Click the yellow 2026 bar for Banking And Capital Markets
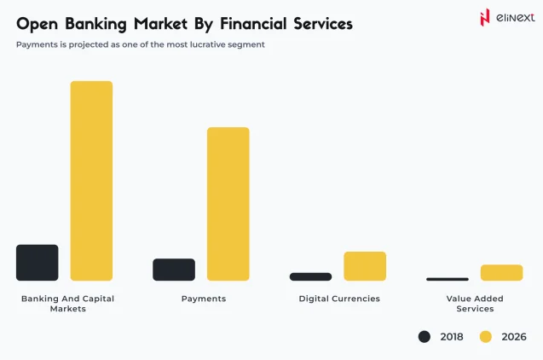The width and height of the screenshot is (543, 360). [x=91, y=181]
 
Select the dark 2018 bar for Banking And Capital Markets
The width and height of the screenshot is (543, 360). [x=38, y=263]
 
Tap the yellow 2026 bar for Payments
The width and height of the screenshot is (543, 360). [x=228, y=204]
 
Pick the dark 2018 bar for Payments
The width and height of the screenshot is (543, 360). [x=174, y=270]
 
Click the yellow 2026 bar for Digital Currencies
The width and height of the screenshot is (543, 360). [x=365, y=266]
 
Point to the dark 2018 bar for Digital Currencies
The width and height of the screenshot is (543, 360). [x=310, y=276]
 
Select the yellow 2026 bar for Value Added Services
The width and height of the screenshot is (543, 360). [x=501, y=273]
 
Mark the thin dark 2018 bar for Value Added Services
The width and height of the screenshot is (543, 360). [x=448, y=279]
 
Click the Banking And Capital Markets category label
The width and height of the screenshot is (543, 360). [x=67, y=304]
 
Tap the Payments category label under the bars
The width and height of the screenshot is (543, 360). [x=204, y=299]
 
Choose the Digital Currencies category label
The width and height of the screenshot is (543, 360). [x=339, y=299]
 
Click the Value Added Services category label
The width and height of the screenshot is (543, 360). [x=475, y=304]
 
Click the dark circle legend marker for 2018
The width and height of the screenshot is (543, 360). [x=425, y=337]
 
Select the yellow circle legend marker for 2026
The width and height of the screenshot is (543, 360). [x=486, y=337]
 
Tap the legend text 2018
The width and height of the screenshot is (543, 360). [x=452, y=337]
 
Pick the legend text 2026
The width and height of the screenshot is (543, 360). [x=514, y=337]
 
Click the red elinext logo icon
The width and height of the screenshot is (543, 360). [x=485, y=17]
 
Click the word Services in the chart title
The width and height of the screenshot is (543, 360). [x=315, y=23]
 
